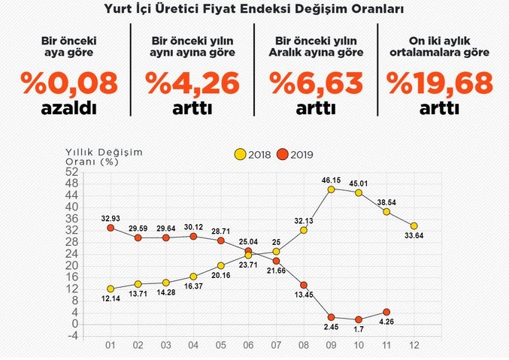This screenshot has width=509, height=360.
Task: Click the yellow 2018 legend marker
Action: coord(240,155)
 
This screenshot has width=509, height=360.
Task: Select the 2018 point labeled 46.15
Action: coord(332,189)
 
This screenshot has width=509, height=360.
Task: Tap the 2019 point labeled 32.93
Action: coord(111,228)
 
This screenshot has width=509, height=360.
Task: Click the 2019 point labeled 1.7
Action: coord(359,319)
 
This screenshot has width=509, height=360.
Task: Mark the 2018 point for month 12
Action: coord(414,225)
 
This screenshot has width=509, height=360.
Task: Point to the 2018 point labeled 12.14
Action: coord(111,289)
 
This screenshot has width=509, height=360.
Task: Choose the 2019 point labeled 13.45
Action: coord(304,285)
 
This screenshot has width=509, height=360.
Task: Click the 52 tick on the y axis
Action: coord(73,171)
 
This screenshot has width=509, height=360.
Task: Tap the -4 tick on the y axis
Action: coord(73,336)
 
